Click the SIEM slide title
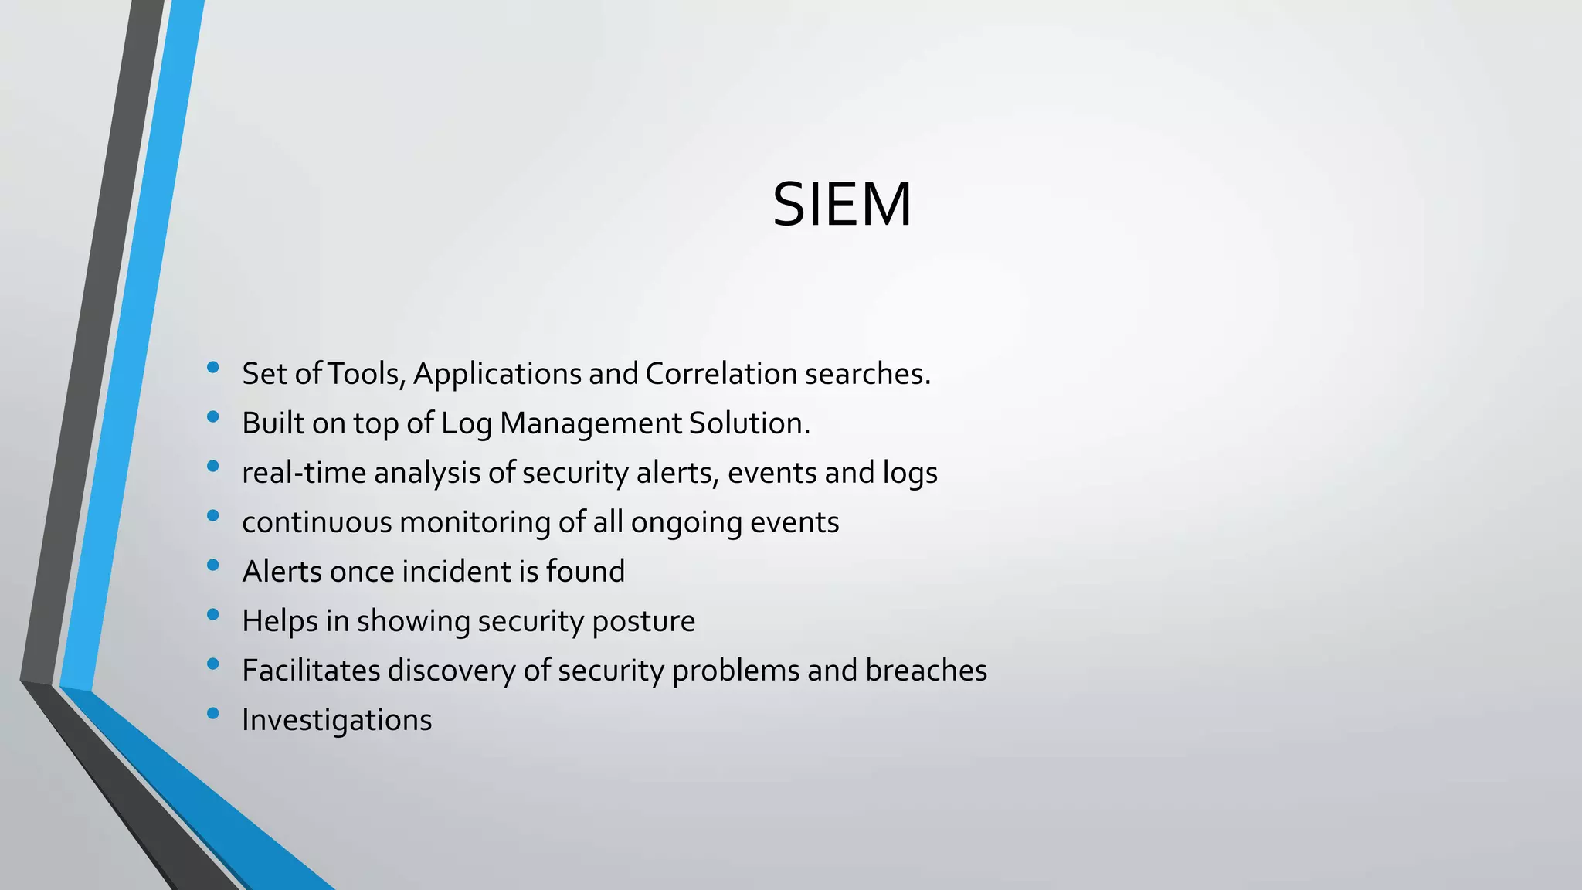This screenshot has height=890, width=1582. tap(842, 205)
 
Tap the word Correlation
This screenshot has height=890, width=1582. tap(721, 374)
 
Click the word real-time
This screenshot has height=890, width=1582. tap(304, 473)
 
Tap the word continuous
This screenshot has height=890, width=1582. tap(317, 522)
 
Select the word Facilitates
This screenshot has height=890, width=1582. tap(311, 671)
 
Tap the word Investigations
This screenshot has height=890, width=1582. tap(337, 721)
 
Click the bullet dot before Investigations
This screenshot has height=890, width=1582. tap(213, 714)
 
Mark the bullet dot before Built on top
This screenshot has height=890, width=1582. tap(213, 417)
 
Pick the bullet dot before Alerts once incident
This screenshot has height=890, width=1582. tap(213, 566)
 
